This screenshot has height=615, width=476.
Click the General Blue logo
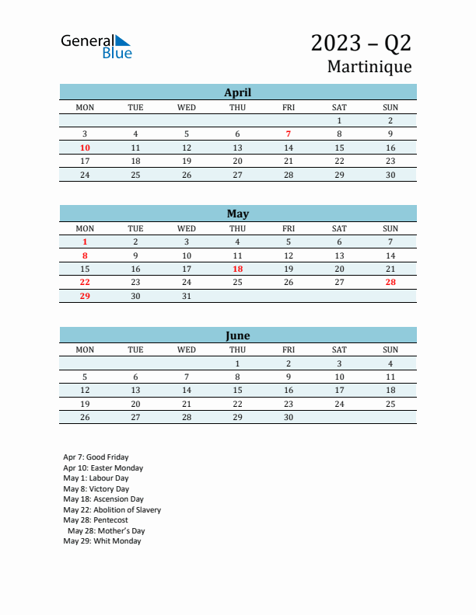pos(96,47)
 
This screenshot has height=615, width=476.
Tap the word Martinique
pos(369,67)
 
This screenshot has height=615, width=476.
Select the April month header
pos(237,92)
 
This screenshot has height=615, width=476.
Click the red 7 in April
pos(289,134)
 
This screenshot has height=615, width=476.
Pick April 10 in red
pos(85,148)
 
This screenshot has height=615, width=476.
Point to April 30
pos(390,175)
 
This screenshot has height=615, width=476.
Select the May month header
pos(237,214)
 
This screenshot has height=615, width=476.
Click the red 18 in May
pos(237,269)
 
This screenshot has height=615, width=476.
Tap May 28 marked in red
pos(390,282)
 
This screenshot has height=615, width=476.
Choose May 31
pos(187,296)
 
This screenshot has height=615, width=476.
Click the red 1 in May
pos(85,241)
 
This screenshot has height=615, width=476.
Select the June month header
pos(237,335)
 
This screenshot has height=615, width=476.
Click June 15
pos(237,390)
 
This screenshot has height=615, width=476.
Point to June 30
pos(289,417)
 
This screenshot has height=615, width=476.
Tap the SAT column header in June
pos(339,349)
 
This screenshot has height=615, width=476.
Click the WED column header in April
pos(187,107)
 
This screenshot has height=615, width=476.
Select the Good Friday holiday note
pos(96,457)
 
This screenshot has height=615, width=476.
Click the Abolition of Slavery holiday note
pos(112,510)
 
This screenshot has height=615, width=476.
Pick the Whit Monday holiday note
pos(102,541)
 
